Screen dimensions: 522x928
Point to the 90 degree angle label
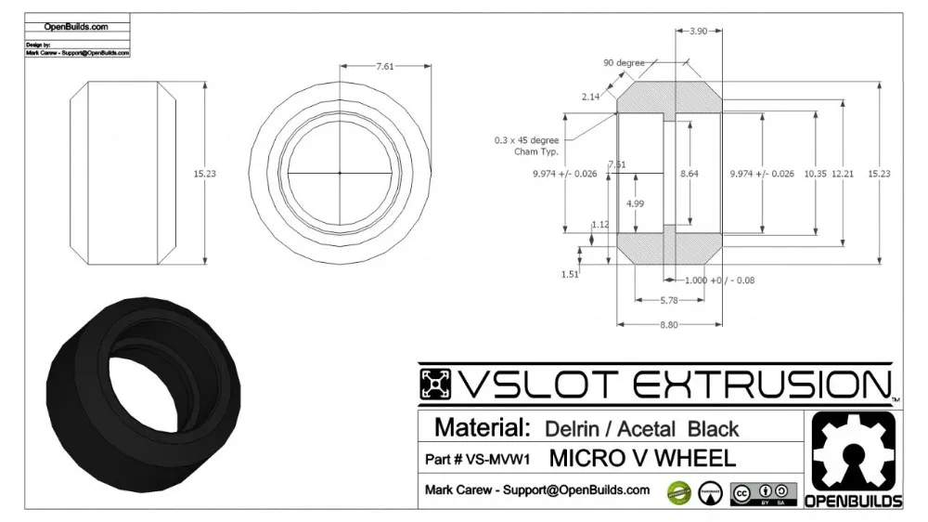coord(624,62)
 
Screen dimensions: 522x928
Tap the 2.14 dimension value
coord(590,97)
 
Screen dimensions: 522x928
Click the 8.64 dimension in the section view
coord(690,174)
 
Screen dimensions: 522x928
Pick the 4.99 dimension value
coord(635,202)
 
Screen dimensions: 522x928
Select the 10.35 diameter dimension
coord(815,174)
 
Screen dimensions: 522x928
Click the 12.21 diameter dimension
coord(843,174)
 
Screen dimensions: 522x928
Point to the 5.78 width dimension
coord(668,300)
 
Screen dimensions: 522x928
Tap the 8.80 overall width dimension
coord(668,324)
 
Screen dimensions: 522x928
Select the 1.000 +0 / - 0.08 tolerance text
coord(718,281)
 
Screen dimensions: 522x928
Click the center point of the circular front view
coord(340,173)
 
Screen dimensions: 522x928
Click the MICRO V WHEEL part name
coord(642,458)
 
